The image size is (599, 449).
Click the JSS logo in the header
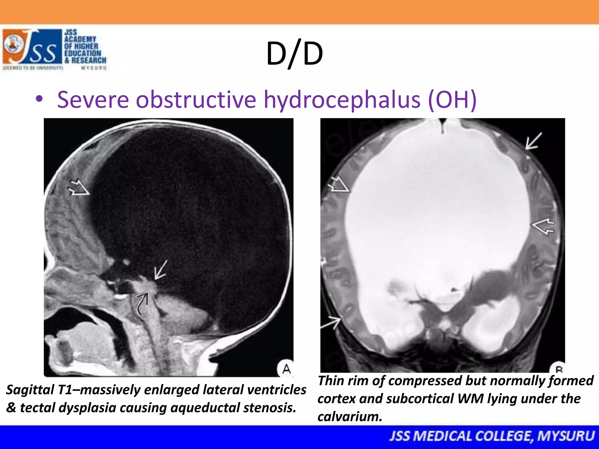[32, 47]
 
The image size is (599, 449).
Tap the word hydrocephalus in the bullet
[342, 100]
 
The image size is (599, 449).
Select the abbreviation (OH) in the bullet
[452, 100]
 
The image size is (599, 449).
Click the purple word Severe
[93, 100]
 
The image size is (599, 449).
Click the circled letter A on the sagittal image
[286, 369]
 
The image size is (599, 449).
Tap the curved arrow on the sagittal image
[142, 303]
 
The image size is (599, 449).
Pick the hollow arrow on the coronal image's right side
[543, 226]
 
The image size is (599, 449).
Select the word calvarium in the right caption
[350, 417]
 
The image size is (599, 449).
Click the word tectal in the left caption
[37, 408]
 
